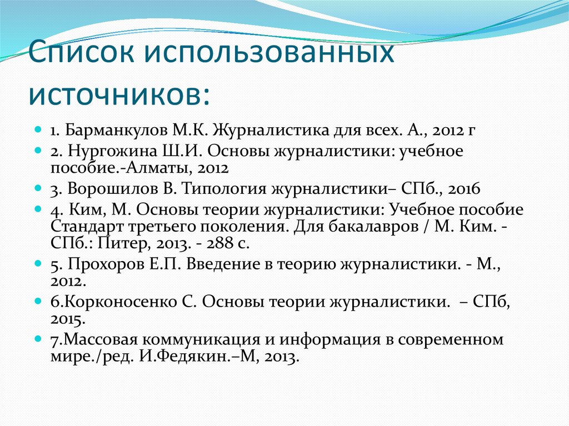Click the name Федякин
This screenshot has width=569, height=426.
tap(181, 358)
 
